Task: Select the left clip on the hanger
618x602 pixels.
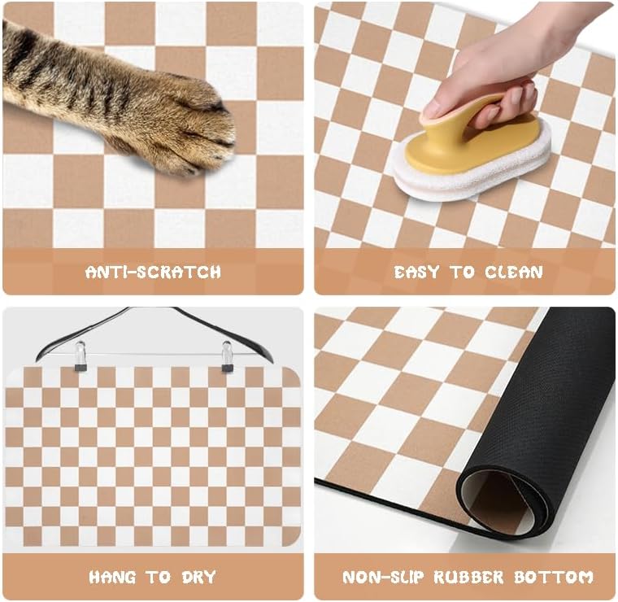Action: (80, 356)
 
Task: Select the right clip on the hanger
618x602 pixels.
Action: (227, 356)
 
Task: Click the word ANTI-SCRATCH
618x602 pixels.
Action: (153, 272)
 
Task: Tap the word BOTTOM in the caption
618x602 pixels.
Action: (554, 578)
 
